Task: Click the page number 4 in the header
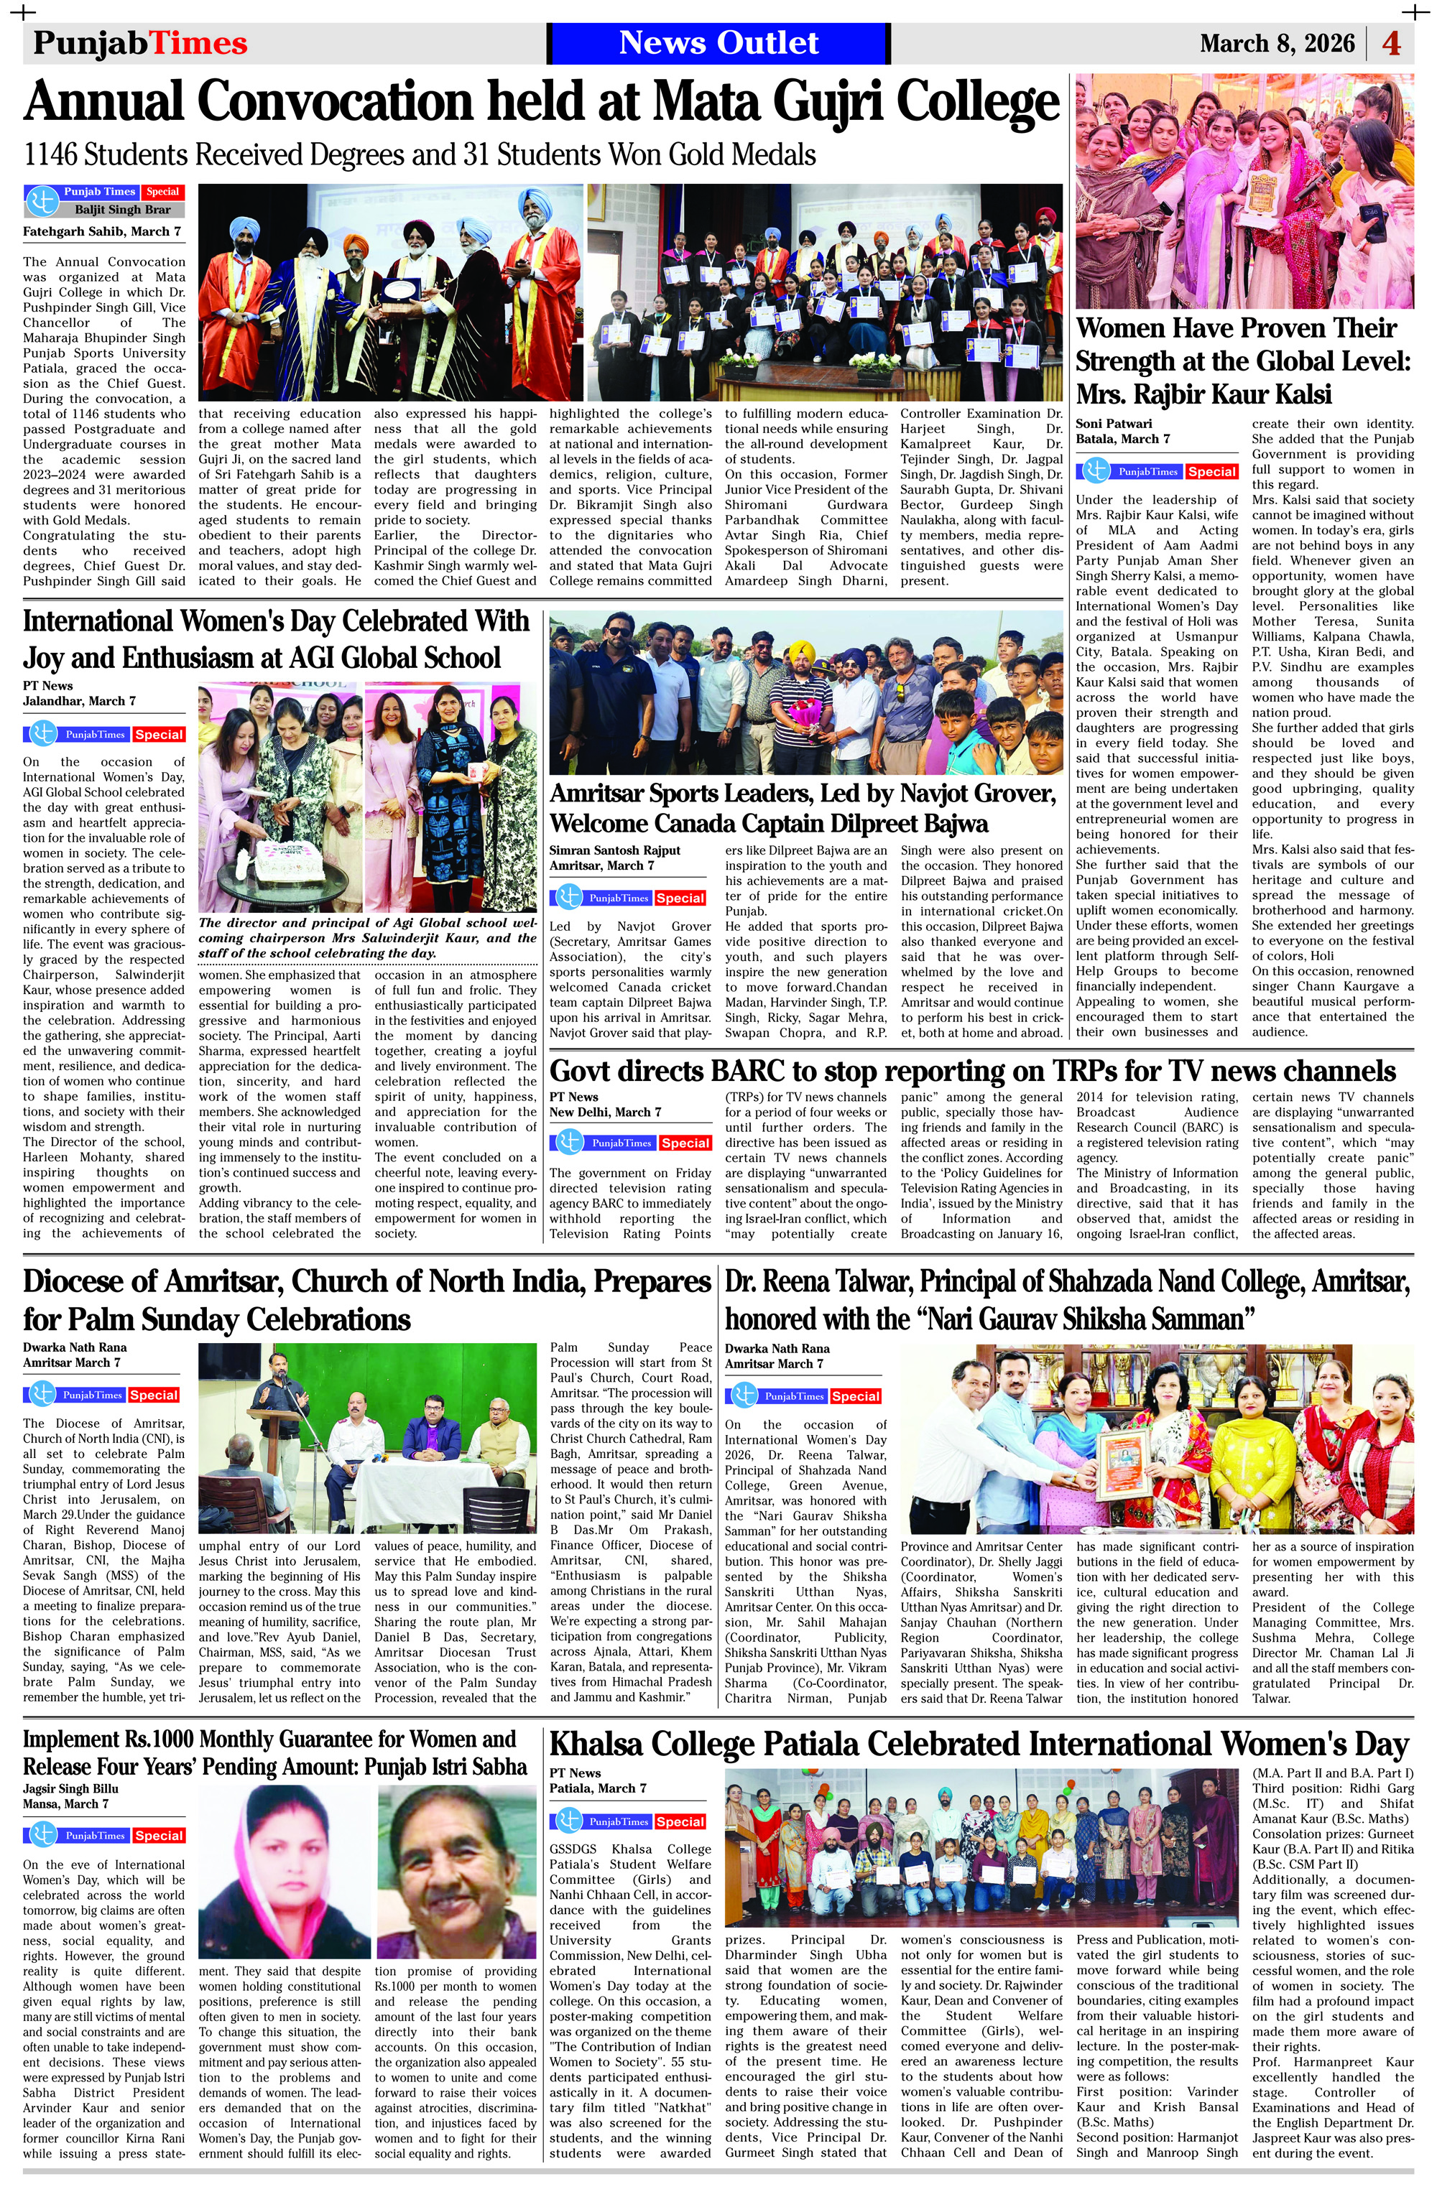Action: [x=1392, y=43]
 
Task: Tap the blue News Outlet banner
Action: [x=718, y=42]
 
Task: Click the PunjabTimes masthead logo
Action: [x=140, y=43]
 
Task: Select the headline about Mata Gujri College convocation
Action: [x=541, y=101]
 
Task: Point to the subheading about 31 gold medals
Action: [x=420, y=154]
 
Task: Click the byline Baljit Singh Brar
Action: [x=123, y=210]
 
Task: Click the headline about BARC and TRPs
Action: [x=971, y=1071]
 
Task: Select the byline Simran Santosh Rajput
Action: [x=614, y=850]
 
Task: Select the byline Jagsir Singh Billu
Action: [x=70, y=1788]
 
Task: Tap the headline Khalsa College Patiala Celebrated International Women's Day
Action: [x=979, y=1745]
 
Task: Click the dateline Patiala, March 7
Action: [x=598, y=1788]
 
